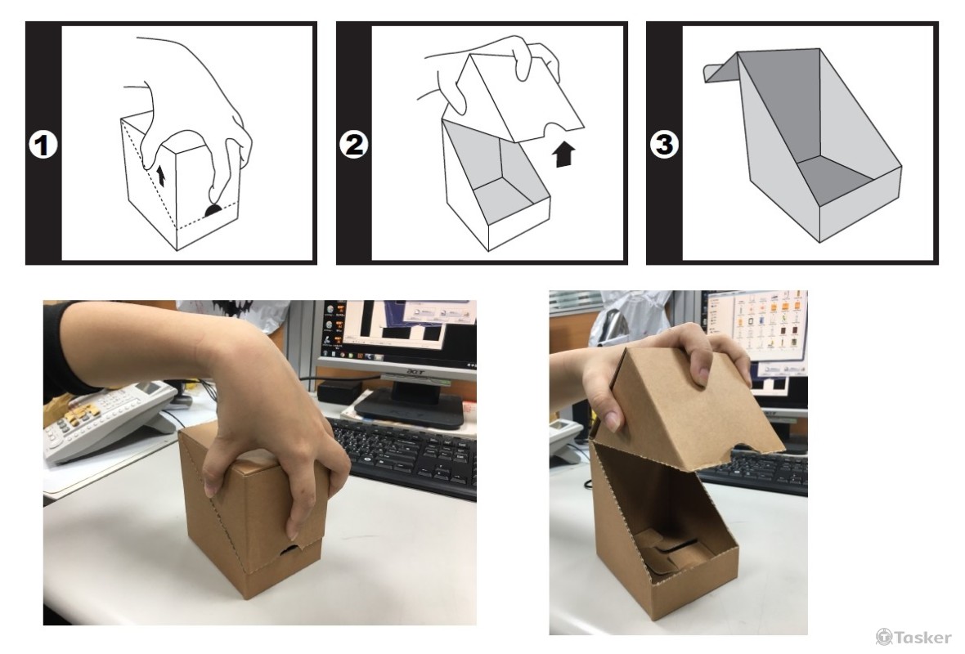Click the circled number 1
(43, 146)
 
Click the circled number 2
(354, 146)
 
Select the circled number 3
(665, 145)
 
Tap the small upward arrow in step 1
(161, 175)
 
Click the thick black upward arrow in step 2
(563, 155)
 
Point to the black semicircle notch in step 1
(213, 210)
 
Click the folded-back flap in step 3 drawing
(720, 69)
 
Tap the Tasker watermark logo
(913, 637)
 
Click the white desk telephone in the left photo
(105, 419)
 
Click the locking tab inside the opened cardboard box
(668, 553)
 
